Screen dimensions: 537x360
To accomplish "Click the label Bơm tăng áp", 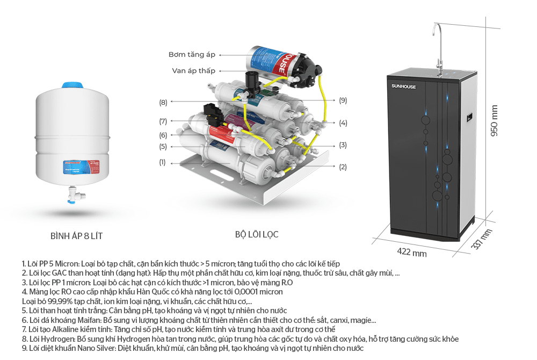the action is [x=192, y=54].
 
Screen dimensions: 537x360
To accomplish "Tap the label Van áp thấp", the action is [x=193, y=70].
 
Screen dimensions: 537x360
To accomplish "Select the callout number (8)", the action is [x=163, y=102].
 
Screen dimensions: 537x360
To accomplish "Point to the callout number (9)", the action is [x=343, y=100].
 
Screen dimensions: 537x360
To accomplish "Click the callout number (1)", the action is [x=162, y=162].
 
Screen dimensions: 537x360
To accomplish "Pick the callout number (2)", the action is [x=343, y=167].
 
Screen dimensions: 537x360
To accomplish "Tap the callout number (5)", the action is [x=163, y=147].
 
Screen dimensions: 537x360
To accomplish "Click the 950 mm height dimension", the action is [x=494, y=120].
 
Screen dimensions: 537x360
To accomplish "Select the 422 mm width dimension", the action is [x=412, y=253].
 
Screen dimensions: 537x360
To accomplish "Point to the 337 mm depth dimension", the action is [x=482, y=239].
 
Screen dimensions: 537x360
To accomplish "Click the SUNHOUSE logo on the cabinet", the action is [x=404, y=87].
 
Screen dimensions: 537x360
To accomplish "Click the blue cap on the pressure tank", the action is [x=72, y=85].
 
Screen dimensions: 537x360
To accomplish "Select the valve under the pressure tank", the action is [x=76, y=195].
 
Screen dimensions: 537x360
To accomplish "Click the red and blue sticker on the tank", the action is [x=81, y=167].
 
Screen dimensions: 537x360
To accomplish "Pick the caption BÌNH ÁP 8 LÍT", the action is [x=76, y=236].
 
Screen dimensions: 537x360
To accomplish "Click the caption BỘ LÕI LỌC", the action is [x=257, y=235].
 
